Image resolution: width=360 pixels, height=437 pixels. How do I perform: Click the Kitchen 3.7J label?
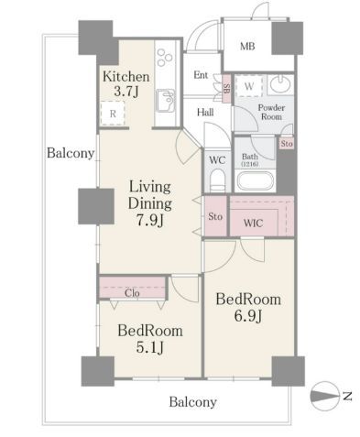tap(126, 83)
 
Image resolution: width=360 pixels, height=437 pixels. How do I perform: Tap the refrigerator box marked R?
tap(113, 114)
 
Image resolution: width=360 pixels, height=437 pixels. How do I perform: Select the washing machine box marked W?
tap(249, 86)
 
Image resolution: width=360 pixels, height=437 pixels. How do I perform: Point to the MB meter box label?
tap(247, 47)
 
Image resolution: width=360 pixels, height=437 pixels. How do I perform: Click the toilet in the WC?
tap(218, 180)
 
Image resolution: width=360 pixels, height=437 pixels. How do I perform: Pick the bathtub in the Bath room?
tap(256, 181)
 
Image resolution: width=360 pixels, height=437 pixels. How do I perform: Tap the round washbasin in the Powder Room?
tap(280, 84)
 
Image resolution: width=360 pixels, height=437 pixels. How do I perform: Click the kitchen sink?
tap(166, 101)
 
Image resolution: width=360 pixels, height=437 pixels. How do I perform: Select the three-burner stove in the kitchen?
tap(165, 57)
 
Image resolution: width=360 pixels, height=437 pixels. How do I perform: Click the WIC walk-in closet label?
tap(253, 224)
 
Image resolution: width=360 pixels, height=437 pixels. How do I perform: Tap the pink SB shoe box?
tap(227, 89)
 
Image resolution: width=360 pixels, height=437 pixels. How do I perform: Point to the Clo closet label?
tap(132, 293)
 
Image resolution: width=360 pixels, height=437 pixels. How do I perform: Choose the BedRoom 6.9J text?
tap(248, 308)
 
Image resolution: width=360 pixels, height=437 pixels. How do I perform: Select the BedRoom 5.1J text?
tap(150, 339)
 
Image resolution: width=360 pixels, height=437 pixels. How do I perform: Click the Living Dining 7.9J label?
tap(150, 203)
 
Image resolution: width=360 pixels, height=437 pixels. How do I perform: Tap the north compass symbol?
tap(325, 396)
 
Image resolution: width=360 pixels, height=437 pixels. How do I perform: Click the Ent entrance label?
tap(201, 75)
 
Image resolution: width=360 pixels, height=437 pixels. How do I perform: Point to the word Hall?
tap(205, 113)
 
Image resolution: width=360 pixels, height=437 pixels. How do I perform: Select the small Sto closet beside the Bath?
tap(287, 143)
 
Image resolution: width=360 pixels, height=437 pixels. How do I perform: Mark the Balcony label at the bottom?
tap(193, 402)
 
